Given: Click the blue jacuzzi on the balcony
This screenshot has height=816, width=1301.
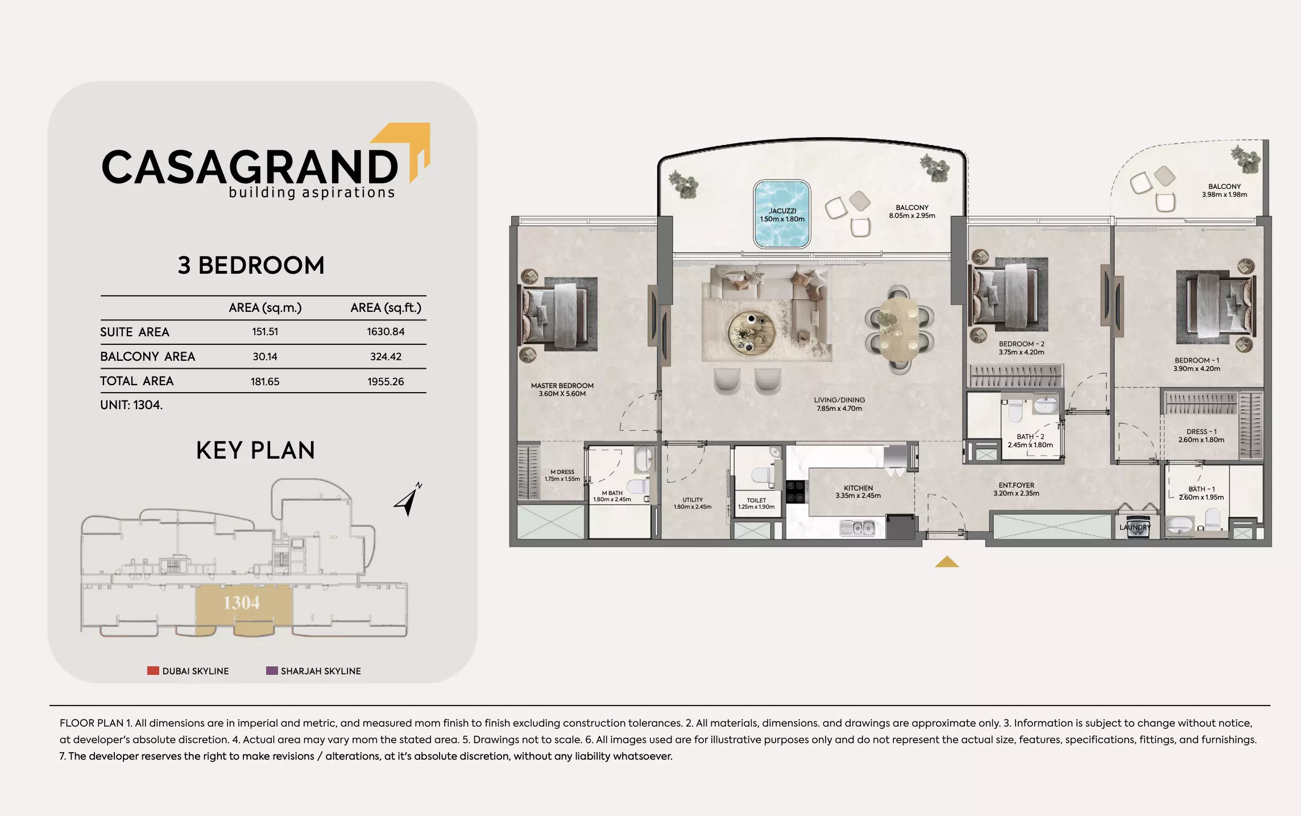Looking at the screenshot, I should [782, 215].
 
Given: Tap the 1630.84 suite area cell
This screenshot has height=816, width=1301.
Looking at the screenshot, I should [386, 332].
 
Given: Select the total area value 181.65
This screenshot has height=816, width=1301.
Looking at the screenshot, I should [265, 382].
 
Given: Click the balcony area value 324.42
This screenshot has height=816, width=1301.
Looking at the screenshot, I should [386, 357].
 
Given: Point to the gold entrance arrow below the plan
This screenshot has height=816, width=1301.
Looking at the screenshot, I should [947, 562].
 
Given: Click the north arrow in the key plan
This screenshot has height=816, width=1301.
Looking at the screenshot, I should [408, 500].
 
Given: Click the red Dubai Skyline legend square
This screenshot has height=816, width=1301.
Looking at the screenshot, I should [153, 671].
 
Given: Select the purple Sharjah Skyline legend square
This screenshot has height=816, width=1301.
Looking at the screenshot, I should [272, 671].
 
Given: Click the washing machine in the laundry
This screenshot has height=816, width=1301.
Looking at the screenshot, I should [1135, 527].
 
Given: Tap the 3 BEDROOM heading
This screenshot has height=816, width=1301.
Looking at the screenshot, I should [251, 266].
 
